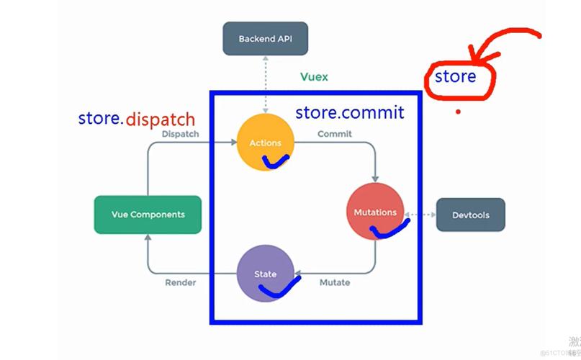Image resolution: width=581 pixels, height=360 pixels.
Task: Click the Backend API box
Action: pyautogui.click(x=265, y=39)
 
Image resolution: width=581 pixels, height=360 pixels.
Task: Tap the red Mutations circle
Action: pyautogui.click(x=374, y=210)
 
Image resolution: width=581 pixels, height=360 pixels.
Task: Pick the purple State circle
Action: pyautogui.click(x=265, y=273)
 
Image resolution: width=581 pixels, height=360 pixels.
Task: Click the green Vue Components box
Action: pyautogui.click(x=148, y=215)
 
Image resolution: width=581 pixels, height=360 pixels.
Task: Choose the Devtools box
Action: pyautogui.click(x=470, y=215)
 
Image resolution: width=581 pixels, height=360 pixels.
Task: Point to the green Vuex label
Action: pyautogui.click(x=314, y=77)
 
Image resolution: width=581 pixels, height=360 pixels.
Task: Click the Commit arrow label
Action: pyautogui.click(x=335, y=134)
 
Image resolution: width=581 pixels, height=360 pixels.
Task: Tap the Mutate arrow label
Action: pyautogui.click(x=335, y=282)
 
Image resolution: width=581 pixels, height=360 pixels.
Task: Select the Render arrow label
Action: pyautogui.click(x=181, y=282)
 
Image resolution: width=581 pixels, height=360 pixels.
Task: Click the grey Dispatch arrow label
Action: pyautogui.click(x=181, y=134)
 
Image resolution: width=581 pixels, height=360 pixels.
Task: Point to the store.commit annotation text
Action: pyautogui.click(x=350, y=112)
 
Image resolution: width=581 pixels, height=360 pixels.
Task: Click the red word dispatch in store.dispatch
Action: pyautogui.click(x=160, y=119)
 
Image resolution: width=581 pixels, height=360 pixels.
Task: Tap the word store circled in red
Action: pyautogui.click(x=455, y=76)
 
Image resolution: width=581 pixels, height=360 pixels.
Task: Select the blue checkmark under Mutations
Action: pyautogui.click(x=389, y=229)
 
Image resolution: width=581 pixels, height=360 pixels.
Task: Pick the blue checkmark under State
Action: pyautogui.click(x=276, y=289)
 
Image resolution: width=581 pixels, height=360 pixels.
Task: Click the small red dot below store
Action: pyautogui.click(x=458, y=112)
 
